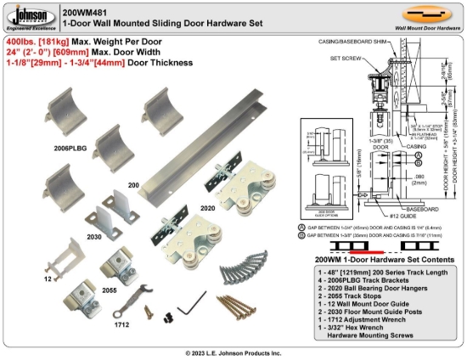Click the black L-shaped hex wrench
click(x=198, y=300)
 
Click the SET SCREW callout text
click(x=342, y=59)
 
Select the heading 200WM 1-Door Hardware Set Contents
click(x=379, y=261)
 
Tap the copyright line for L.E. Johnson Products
click(x=233, y=352)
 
